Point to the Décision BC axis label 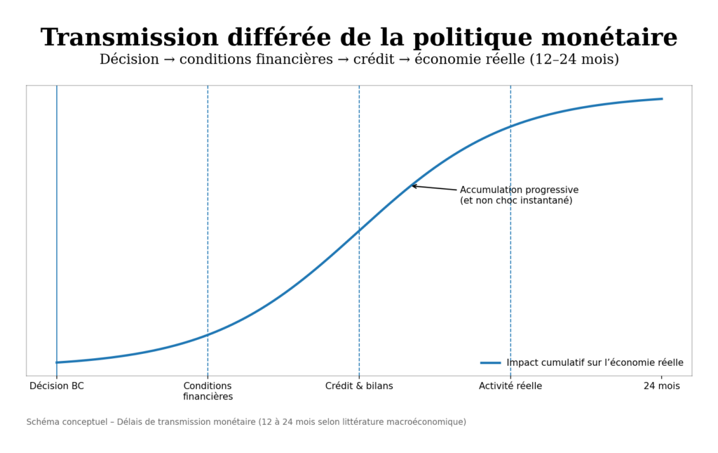(57, 386)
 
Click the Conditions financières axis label (208, 391)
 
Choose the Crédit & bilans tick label (359, 386)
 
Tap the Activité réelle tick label (510, 386)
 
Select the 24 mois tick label (661, 386)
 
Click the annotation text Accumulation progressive (519, 190)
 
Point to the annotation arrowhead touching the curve (413, 185)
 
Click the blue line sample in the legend (490, 363)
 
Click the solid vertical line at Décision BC (57, 211)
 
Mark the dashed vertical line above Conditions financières (208, 211)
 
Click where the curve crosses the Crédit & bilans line (359, 230)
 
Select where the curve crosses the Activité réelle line (510, 126)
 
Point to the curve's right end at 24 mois (661, 99)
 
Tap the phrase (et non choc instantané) (516, 201)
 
